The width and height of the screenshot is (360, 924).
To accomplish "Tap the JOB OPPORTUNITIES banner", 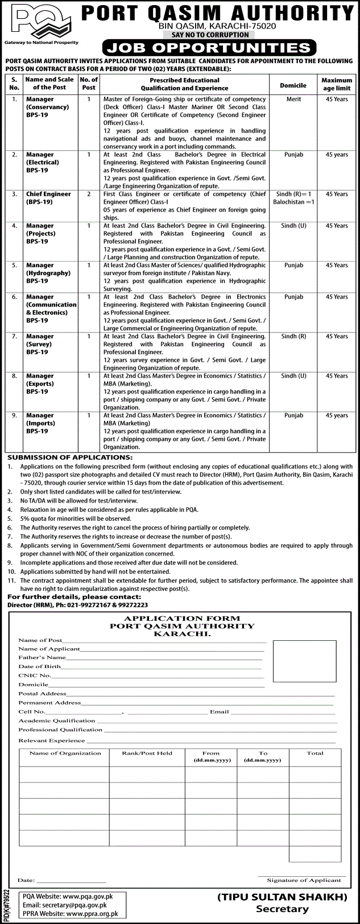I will (x=208, y=47).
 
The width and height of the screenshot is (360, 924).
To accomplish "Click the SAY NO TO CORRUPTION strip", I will (x=210, y=35).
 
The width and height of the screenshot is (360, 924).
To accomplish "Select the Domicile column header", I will (x=293, y=85).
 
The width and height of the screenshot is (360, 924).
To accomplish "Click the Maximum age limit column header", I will (x=337, y=84).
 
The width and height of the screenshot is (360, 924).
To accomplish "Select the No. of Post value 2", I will (x=89, y=194).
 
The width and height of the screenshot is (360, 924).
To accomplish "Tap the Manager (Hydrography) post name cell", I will (x=48, y=273).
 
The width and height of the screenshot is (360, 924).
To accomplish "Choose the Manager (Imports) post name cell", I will (x=40, y=423).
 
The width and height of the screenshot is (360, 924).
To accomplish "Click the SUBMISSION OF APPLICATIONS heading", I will (x=69, y=457).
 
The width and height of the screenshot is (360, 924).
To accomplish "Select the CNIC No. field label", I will (x=35, y=676).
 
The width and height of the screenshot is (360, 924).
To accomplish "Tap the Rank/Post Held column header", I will (x=147, y=753).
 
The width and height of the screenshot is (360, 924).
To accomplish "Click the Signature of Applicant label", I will (x=304, y=880).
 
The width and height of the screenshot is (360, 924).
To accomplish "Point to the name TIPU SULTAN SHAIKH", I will (x=282, y=897).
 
